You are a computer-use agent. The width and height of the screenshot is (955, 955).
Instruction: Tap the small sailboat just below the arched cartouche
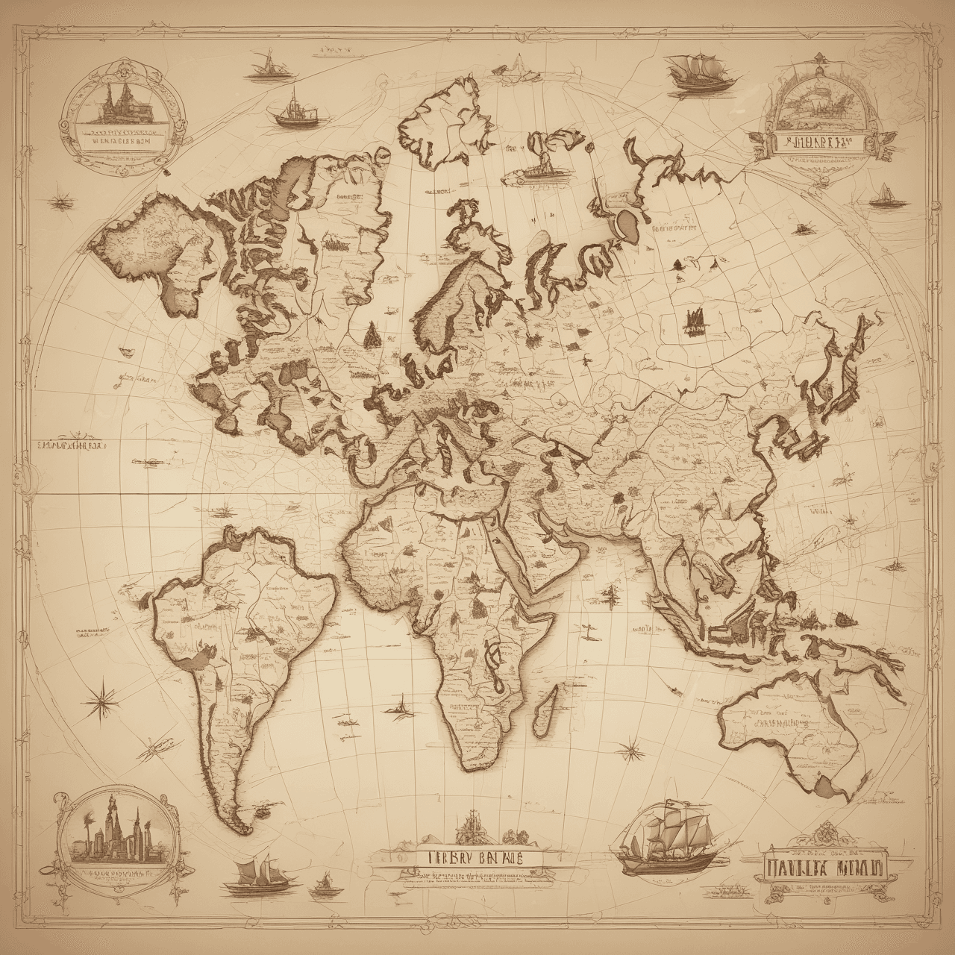(884, 194)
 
